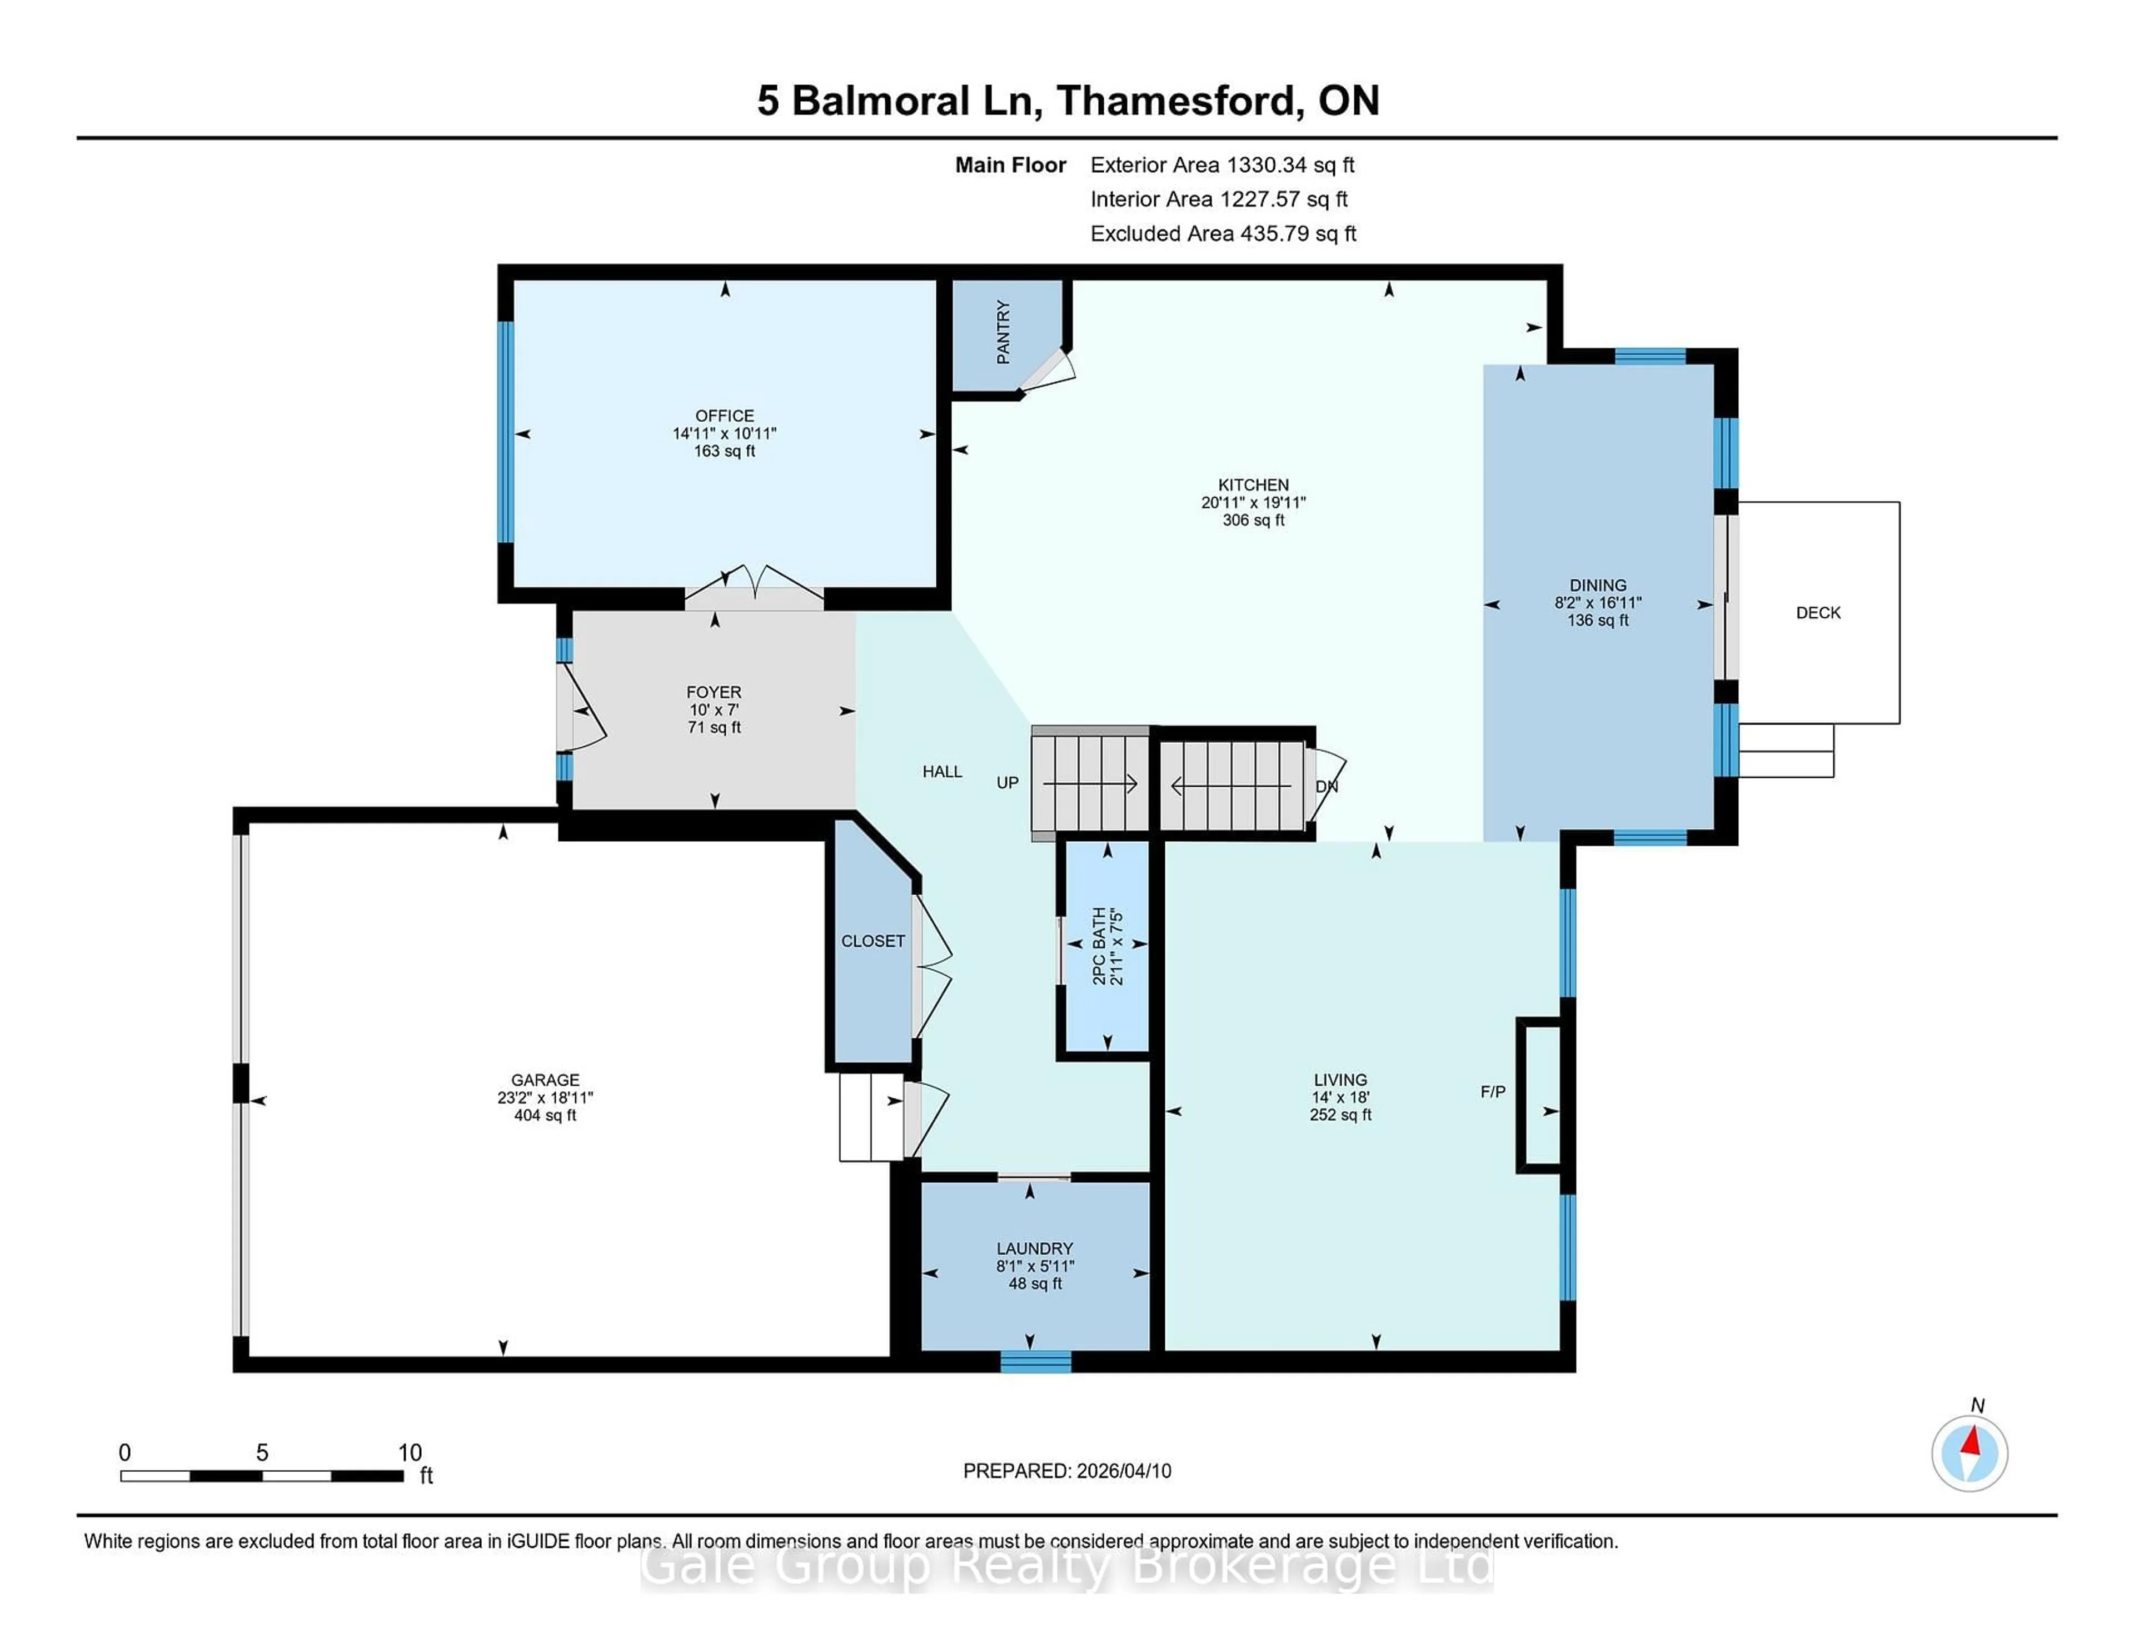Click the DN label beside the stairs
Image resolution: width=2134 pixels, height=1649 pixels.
tap(1326, 786)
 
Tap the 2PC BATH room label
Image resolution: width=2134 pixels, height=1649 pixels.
tap(1099, 946)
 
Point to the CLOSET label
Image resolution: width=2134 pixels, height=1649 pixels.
tap(872, 941)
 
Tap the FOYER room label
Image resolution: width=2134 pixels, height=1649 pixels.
tap(714, 692)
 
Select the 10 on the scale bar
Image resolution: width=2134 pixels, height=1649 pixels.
tap(410, 1453)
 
